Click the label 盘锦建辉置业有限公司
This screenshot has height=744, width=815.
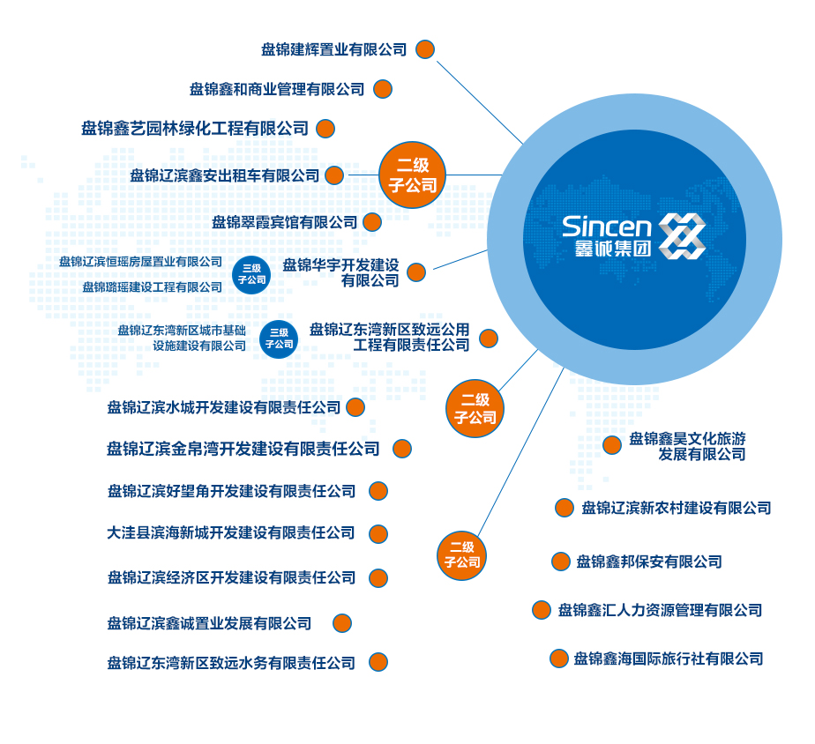pos(333,49)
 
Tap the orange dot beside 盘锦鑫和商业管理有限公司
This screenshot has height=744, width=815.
pos(382,89)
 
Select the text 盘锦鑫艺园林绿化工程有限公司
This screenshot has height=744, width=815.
pos(195,129)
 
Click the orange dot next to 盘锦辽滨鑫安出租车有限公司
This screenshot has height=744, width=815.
pos(334,175)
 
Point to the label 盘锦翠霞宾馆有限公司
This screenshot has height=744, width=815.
pos(284,222)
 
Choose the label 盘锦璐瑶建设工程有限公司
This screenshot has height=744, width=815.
pos(153,287)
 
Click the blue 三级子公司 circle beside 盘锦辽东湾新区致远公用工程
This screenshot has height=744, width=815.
pos(279,339)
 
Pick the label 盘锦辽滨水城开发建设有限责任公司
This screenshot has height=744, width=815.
pos(224,407)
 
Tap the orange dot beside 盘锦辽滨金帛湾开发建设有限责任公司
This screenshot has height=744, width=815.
pos(402,449)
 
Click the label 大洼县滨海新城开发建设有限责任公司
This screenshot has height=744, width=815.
pos(231,533)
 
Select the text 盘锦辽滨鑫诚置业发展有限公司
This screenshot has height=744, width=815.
pos(210,623)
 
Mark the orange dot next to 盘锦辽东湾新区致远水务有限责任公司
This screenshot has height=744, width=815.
pos(378,662)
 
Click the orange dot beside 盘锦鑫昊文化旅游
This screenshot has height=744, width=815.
pos(611,445)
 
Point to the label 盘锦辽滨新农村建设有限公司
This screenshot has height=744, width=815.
pos(676,508)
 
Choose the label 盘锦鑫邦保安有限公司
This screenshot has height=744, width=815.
pos(649,562)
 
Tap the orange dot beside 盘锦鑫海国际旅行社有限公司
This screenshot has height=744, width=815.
pos(558,658)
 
